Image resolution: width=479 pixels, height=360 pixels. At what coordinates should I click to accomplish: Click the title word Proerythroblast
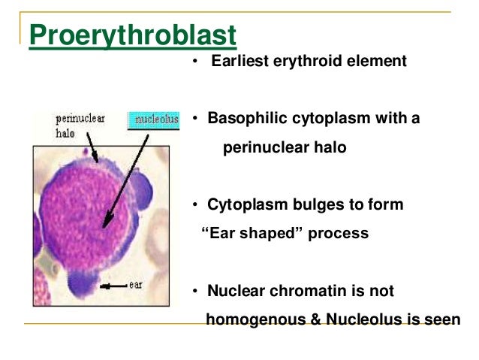click(133, 36)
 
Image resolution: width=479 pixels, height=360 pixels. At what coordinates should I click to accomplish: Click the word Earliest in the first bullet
click(240, 61)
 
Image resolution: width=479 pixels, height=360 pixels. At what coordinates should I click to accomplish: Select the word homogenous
click(253, 319)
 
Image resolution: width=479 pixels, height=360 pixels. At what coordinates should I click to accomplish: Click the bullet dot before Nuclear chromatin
click(193, 291)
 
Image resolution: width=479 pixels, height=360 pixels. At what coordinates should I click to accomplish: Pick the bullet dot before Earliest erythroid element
click(194, 62)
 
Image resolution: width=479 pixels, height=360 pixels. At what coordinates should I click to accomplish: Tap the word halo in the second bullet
click(330, 147)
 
